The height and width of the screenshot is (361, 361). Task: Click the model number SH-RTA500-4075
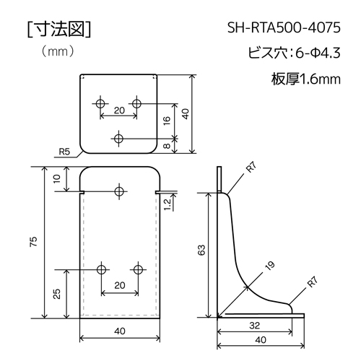[284, 28]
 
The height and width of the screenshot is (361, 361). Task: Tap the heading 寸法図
[59, 30]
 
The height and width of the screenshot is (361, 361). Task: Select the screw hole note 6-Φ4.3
[318, 53]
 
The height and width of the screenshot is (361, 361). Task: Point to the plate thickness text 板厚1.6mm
[306, 79]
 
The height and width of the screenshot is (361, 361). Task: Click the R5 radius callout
[64, 152]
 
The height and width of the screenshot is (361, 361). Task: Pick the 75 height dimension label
[34, 242]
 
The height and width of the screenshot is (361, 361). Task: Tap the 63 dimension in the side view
[201, 250]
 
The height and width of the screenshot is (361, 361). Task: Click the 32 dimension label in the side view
[254, 326]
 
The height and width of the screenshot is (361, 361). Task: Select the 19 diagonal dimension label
[270, 266]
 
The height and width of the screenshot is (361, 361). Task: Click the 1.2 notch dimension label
[168, 205]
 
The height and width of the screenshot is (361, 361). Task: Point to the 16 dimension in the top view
[167, 121]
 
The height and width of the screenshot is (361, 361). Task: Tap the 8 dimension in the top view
[167, 146]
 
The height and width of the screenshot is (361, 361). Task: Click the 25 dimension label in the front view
[56, 294]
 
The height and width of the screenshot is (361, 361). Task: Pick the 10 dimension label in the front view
[56, 179]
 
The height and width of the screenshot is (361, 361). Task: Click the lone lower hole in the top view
[118, 139]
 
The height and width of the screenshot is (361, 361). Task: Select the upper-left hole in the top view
[100, 104]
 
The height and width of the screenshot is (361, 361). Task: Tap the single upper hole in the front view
[119, 191]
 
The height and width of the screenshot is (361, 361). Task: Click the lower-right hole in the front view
[138, 269]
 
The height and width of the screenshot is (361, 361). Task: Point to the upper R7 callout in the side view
[251, 168]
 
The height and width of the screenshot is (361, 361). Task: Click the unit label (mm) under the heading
[58, 51]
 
